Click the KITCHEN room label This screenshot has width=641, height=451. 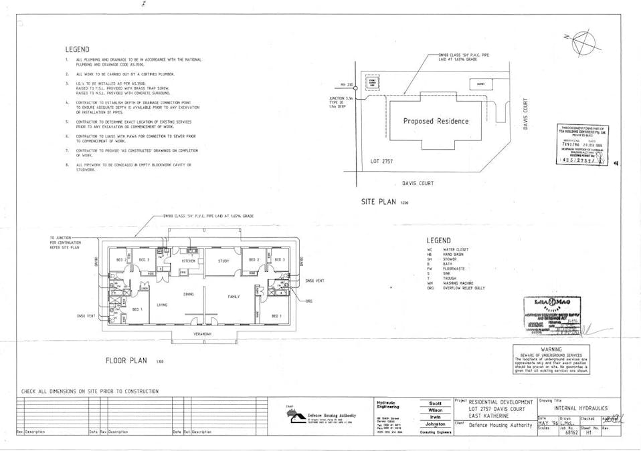click(189, 261)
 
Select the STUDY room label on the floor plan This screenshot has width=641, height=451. click(223, 261)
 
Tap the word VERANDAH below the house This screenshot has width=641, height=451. click(203, 333)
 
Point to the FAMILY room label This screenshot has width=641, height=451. click(234, 296)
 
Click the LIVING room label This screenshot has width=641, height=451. click(162, 305)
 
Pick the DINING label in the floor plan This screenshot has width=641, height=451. click(189, 294)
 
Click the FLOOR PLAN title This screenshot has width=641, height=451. click(126, 361)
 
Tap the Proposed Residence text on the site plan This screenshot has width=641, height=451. click(436, 121)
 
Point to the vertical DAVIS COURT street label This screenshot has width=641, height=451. click(527, 115)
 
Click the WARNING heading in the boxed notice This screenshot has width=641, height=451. click(551, 349)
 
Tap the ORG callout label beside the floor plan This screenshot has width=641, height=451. click(308, 301)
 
